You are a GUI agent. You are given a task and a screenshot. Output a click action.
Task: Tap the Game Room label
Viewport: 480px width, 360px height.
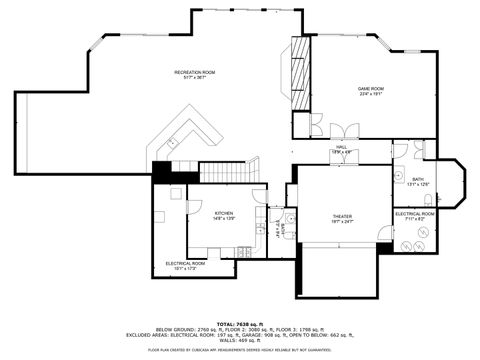(x=372, y=91)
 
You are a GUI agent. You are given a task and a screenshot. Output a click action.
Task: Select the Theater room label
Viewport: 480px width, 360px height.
(x=343, y=218)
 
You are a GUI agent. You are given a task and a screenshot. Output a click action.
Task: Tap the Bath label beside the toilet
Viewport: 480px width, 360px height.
(x=417, y=181)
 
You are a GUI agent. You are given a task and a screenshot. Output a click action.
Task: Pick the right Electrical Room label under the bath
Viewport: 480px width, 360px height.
(x=414, y=215)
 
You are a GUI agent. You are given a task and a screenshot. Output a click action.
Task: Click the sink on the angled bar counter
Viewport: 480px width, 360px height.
(x=172, y=143)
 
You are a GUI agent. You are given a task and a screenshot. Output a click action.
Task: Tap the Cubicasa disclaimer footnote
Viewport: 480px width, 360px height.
(x=240, y=351)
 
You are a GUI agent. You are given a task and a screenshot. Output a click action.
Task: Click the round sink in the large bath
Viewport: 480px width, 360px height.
(x=400, y=149)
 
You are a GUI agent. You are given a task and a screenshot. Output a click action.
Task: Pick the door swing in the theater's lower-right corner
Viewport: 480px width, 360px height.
(x=385, y=237)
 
